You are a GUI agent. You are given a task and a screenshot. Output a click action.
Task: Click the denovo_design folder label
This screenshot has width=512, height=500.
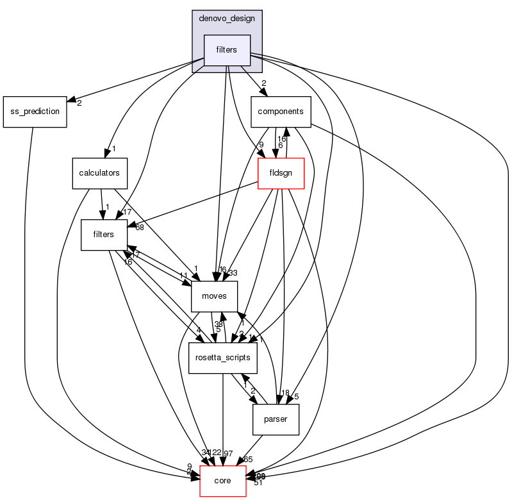(x=227, y=18)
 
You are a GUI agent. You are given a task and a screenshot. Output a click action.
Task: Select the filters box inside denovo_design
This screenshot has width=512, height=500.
(x=227, y=49)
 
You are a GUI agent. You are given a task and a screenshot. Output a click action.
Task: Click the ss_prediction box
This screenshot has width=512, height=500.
(x=35, y=112)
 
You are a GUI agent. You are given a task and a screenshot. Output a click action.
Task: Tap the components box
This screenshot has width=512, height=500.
(x=280, y=112)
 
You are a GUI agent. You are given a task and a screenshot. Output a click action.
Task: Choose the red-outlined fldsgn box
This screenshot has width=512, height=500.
(x=280, y=173)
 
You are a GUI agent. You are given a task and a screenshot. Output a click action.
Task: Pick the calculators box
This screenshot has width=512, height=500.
(x=99, y=173)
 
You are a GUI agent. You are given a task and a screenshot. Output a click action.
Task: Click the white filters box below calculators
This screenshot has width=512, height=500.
(x=103, y=235)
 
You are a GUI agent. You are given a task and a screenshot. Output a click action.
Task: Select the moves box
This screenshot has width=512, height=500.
(x=215, y=296)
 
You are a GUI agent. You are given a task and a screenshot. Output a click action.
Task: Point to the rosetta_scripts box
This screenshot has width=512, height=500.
(x=222, y=358)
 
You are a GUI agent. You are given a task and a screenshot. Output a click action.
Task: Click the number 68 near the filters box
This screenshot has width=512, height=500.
(x=139, y=228)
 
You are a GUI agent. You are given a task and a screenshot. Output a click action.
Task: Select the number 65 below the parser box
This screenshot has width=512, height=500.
(x=248, y=460)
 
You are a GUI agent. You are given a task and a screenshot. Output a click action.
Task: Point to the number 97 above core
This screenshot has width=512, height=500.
(x=229, y=454)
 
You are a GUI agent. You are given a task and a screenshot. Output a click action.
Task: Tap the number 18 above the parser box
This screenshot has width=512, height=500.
(x=285, y=393)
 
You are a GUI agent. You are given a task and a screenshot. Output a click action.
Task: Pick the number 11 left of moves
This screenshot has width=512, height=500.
(x=183, y=276)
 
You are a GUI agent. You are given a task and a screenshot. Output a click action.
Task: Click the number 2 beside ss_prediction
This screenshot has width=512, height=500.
(x=79, y=103)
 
